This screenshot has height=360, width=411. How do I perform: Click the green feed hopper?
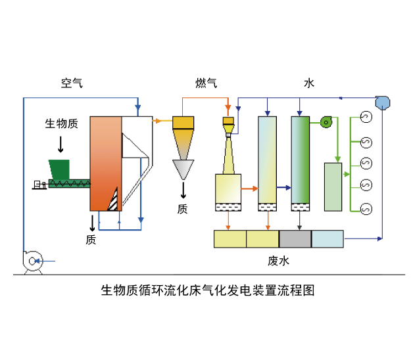pyautogui.click(x=59, y=169)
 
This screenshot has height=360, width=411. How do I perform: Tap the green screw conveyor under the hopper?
pyautogui.click(x=68, y=185)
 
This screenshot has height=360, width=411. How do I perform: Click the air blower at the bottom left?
pyautogui.click(x=32, y=261)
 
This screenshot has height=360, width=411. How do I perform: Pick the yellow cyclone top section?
pyautogui.click(x=183, y=122)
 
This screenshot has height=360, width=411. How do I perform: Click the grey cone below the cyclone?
pyautogui.click(x=183, y=169)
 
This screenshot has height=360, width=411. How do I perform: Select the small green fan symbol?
pyautogui.click(x=326, y=122)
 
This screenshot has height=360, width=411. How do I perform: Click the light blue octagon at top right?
pyautogui.click(x=382, y=102)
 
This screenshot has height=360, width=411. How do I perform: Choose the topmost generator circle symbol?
pyautogui.click(x=366, y=117)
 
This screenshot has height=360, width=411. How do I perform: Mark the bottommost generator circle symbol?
pyautogui.click(x=366, y=209)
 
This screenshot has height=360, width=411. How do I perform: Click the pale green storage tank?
pyautogui.click(x=333, y=187)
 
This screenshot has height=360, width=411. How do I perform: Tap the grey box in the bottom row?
pyautogui.click(x=295, y=239)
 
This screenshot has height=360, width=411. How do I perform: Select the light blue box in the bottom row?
pyautogui.click(x=327, y=239)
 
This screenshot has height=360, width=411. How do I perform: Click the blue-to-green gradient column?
pyautogui.click(x=300, y=160)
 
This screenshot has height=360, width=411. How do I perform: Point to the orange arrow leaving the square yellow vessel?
pyautogui.click(x=250, y=189)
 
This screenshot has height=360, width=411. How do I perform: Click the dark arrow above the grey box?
pyautogui.click(x=300, y=224)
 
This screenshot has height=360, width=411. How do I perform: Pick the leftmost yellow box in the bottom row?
pyautogui.click(x=230, y=239)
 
